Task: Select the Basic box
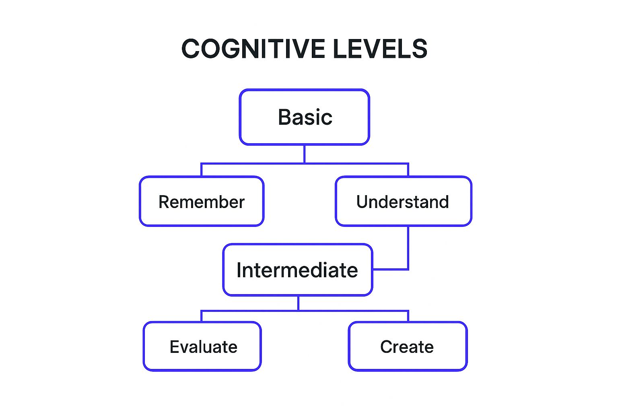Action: (304, 117)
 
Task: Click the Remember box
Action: (202, 201)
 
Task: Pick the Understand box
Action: (403, 201)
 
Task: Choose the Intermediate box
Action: (298, 270)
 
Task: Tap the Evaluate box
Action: (202, 346)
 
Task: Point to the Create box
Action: (408, 346)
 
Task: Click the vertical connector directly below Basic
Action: (304, 154)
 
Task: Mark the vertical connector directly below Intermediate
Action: (298, 303)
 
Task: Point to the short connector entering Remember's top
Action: (201, 170)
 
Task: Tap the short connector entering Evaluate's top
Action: (201, 316)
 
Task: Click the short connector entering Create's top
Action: (408, 316)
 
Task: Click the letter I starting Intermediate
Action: (239, 270)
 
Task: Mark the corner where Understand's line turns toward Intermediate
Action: (408, 269)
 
